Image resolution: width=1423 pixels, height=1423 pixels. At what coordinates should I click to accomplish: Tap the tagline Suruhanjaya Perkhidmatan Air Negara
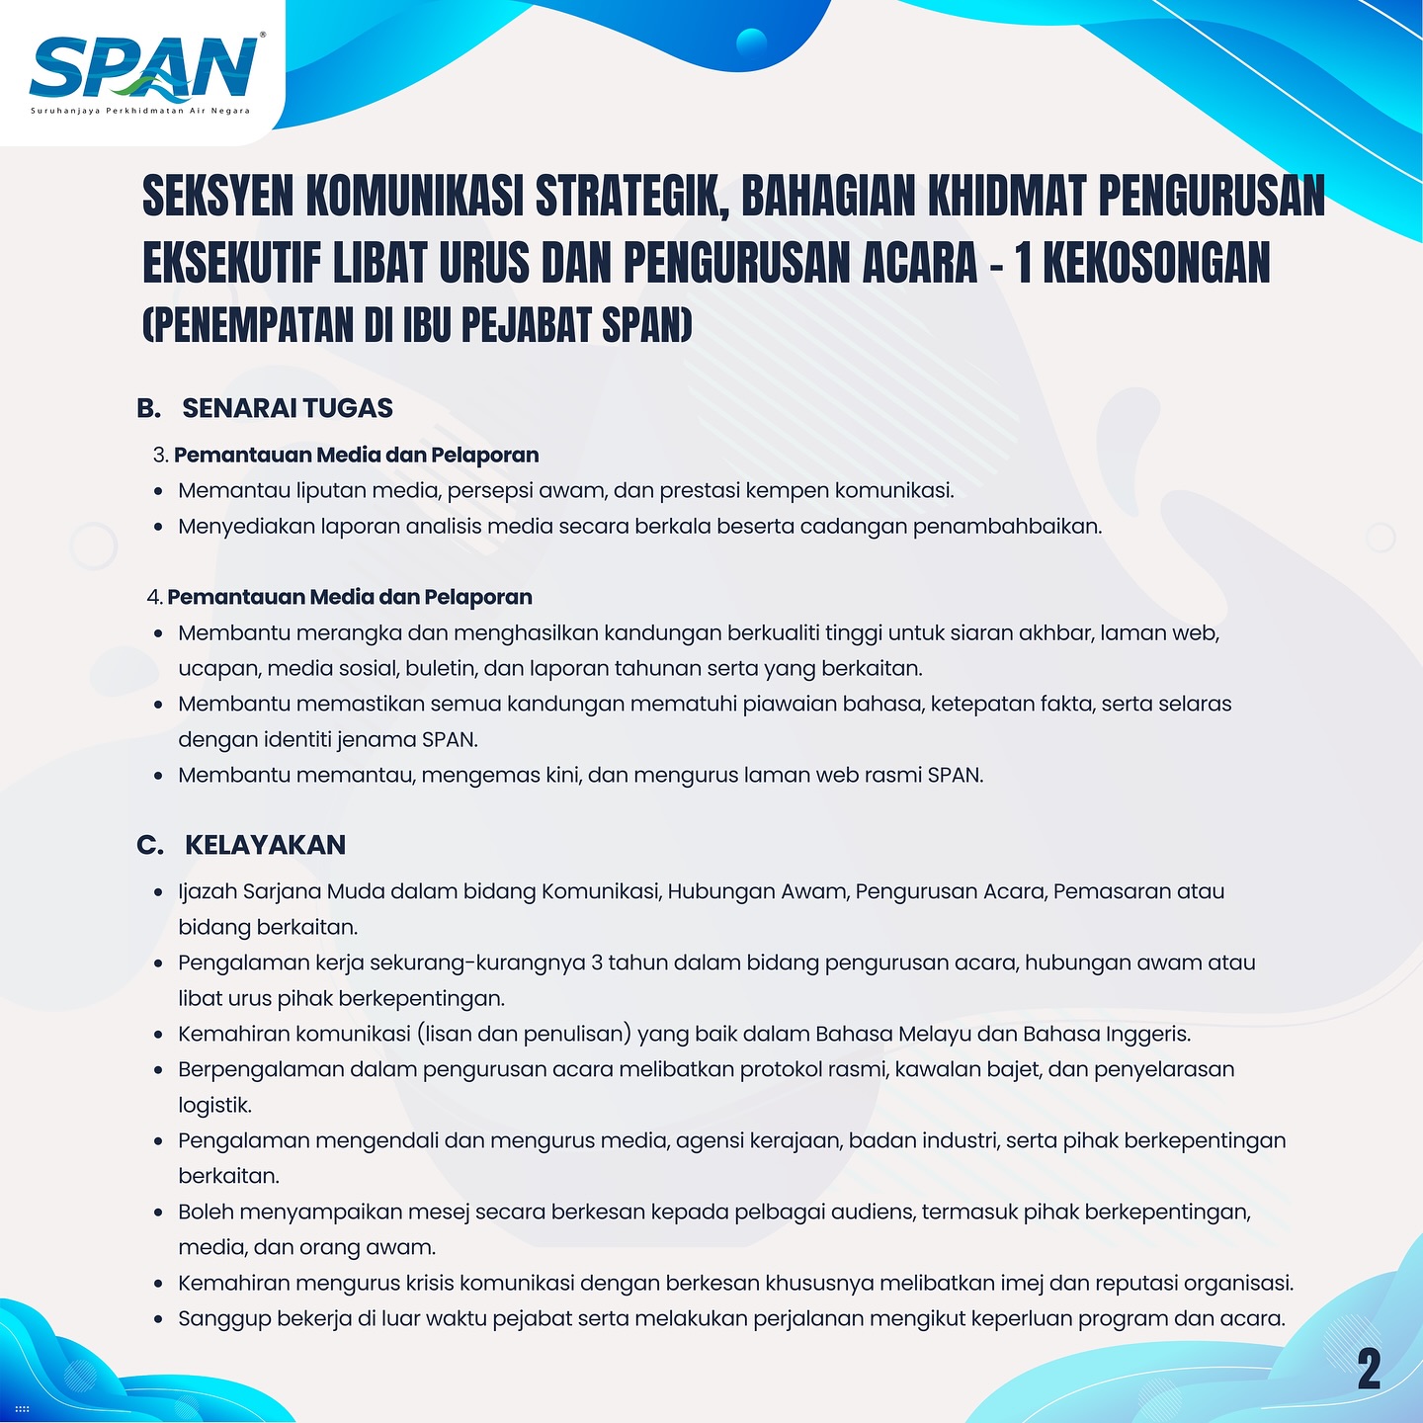point(140,111)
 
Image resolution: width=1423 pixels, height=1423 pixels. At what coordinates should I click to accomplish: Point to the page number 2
point(1369,1370)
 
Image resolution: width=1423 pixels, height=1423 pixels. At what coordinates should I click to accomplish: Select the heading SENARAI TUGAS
point(288,408)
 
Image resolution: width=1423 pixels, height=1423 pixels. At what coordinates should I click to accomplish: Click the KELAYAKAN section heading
point(265,845)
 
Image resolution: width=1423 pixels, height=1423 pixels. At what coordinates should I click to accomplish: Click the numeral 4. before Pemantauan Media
point(154,597)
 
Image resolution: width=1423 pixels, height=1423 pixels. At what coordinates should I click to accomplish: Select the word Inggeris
point(1147,1034)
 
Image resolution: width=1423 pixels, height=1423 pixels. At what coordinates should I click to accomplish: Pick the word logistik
point(214,1105)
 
